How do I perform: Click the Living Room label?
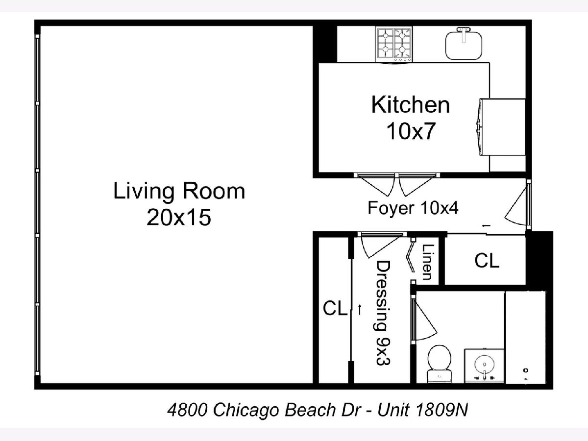click(179, 191)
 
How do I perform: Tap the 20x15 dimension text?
click(179, 217)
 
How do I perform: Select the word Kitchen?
click(411, 105)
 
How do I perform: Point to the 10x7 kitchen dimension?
click(411, 131)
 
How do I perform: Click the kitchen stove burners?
click(394, 44)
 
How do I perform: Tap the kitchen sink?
click(464, 46)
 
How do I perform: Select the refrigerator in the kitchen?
click(501, 127)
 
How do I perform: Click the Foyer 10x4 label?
click(413, 208)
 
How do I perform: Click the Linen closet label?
click(428, 262)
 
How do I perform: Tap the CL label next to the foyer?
click(487, 261)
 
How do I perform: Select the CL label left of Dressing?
click(335, 308)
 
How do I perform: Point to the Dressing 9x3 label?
click(383, 313)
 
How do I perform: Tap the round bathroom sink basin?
click(484, 364)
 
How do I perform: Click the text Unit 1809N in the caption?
click(422, 410)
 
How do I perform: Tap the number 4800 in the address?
click(188, 410)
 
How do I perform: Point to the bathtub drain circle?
click(526, 370)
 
